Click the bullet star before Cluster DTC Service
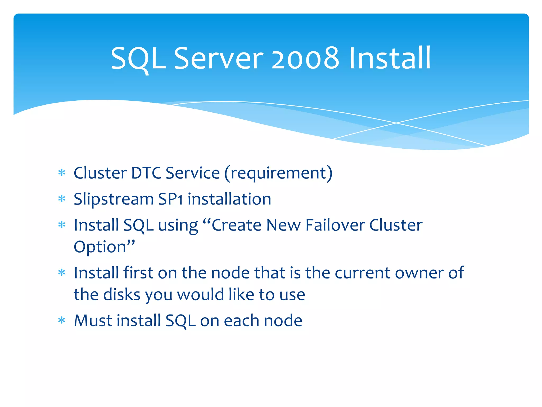point(62,173)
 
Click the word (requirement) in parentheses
point(278,173)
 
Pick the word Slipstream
point(114,199)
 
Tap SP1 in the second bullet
point(170,199)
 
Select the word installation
point(229,199)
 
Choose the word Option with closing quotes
point(104,247)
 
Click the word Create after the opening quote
point(236,225)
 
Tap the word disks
point(121,295)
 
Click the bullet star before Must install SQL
point(62,321)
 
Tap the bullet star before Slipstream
point(62,199)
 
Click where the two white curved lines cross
point(396,123)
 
